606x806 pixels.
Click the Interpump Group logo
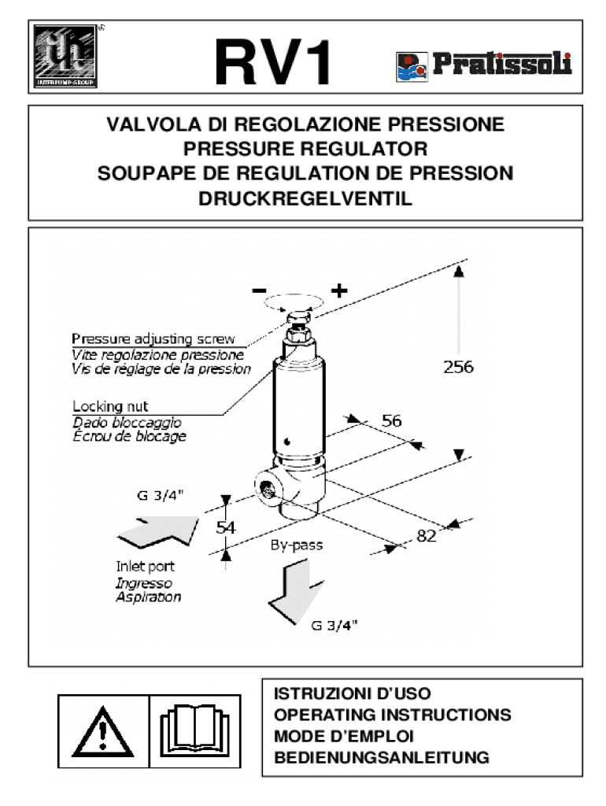(x=65, y=56)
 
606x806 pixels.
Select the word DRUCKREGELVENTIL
(x=305, y=199)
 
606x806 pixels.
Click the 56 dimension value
(x=392, y=421)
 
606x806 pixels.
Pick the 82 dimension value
(x=426, y=536)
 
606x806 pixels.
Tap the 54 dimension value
(x=227, y=528)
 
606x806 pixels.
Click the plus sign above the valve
(x=339, y=290)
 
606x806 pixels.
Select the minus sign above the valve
(x=259, y=290)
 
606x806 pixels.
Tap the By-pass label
(x=297, y=544)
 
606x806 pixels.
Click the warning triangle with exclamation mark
(x=103, y=730)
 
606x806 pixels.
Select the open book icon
(x=194, y=730)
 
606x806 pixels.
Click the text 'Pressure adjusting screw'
(x=153, y=339)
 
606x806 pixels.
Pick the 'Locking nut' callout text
(x=109, y=407)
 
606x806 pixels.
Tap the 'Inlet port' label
(x=146, y=566)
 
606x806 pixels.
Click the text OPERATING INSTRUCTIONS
(x=392, y=715)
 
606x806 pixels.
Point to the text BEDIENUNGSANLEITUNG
(x=382, y=758)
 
